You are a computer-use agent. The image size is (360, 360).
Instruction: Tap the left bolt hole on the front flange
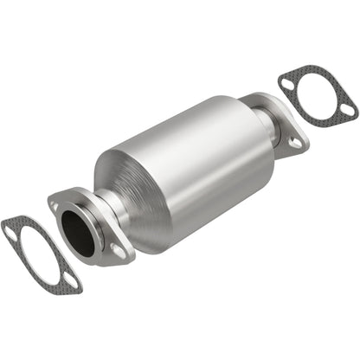click(55, 207)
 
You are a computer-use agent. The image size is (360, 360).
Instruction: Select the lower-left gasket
click(38, 255)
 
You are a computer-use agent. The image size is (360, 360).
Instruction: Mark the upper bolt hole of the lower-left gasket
click(11, 231)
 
